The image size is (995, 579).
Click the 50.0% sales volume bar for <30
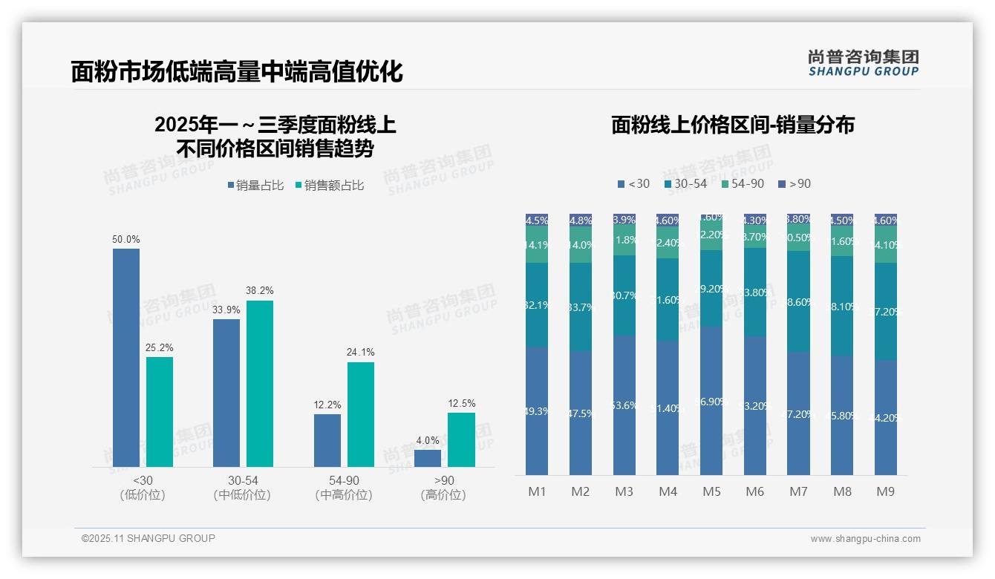tap(126, 358)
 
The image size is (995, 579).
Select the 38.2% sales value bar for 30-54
tap(260, 384)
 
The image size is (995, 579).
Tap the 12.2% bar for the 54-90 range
tap(327, 440)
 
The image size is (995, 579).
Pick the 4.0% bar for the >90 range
tap(428, 458)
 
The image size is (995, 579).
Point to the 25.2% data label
tap(160, 348)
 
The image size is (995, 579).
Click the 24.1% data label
tap(360, 353)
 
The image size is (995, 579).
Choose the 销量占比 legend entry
tap(255, 186)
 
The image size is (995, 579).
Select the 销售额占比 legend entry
tap(330, 186)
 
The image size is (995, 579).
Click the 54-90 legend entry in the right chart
tap(742, 183)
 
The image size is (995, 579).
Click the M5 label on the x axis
tap(711, 491)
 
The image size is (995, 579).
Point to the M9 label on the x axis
tap(886, 491)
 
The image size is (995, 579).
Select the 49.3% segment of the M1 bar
tap(537, 410)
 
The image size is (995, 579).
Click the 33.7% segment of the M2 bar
tap(581, 307)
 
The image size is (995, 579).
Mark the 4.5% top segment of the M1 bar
tap(537, 220)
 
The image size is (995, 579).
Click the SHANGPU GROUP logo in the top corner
tap(863, 63)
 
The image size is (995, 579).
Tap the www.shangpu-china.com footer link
tap(865, 539)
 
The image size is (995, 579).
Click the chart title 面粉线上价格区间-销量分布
tap(732, 125)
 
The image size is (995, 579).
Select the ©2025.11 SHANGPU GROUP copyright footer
tap(149, 538)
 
